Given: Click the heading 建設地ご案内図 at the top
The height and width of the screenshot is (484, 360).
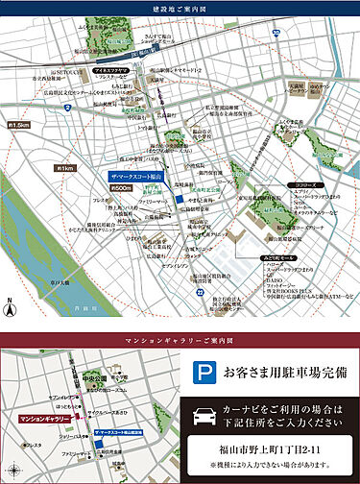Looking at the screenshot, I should (x=180, y=8).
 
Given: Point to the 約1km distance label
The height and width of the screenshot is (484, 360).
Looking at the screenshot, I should (x=65, y=168).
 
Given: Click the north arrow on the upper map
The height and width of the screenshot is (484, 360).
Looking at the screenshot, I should (x=8, y=306).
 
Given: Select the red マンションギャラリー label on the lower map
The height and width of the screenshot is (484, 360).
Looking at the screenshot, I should (x=45, y=418).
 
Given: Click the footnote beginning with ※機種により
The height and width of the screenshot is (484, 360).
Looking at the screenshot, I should (x=269, y=467).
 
